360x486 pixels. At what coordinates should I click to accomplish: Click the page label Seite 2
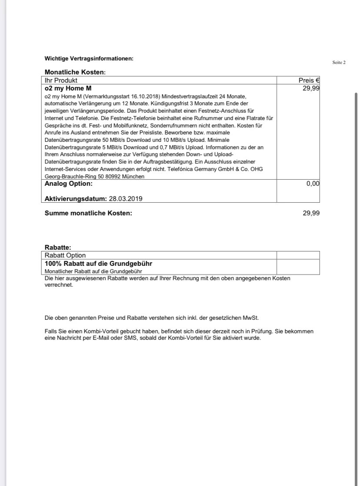click(x=339, y=63)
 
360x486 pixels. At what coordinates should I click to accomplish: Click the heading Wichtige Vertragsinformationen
click(x=89, y=59)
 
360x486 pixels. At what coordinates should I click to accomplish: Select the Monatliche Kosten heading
click(x=75, y=72)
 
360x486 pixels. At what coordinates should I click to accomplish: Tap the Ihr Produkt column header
click(x=61, y=80)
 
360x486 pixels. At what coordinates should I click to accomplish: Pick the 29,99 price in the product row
click(x=311, y=88)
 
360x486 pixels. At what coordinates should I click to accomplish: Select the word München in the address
click(x=133, y=177)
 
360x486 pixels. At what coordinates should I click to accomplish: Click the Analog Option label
click(x=68, y=184)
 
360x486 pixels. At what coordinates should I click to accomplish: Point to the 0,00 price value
click(x=313, y=184)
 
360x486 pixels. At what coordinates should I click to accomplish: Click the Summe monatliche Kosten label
click(x=88, y=213)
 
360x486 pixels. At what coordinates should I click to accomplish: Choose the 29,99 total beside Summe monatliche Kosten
click(x=311, y=213)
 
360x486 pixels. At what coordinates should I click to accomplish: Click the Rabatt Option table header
click(x=65, y=255)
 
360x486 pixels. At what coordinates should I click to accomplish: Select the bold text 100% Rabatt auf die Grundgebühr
click(x=98, y=264)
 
